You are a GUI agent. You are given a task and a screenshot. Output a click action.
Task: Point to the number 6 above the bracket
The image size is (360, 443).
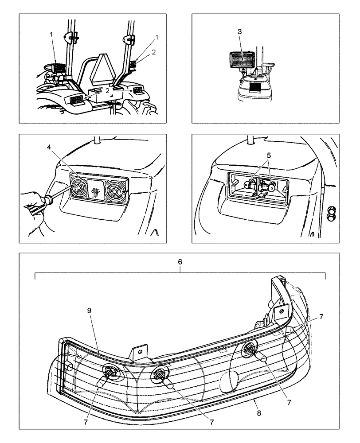[x=180, y=262]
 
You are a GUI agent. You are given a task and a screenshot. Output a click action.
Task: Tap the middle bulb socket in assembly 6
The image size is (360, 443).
[x=158, y=374]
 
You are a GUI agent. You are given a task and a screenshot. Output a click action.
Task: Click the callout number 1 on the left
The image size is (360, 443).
[x=51, y=34]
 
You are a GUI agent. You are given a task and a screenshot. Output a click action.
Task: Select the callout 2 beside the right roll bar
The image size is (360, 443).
[x=153, y=52]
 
